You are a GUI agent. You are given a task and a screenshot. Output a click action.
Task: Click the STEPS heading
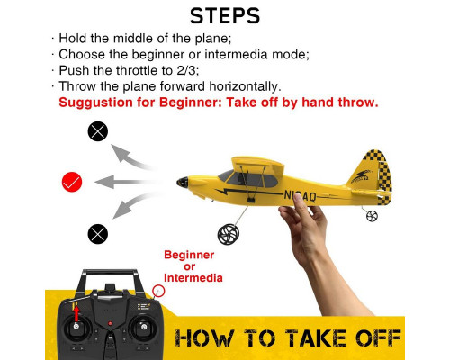[x=225, y=16]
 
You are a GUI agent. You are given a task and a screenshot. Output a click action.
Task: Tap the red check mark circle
[x=72, y=182]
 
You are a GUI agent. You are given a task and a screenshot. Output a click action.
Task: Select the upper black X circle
[x=98, y=131]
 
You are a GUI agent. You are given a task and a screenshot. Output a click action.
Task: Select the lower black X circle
[x=98, y=234]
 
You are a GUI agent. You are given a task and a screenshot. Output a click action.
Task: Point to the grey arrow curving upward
[x=129, y=157]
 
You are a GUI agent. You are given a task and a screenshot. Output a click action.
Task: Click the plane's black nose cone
[x=183, y=183]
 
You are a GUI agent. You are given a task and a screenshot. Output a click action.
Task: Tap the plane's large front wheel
[x=229, y=234]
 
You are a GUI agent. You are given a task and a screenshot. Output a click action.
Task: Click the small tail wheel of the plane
[x=372, y=216]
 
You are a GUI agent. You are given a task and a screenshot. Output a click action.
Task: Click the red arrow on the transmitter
[x=76, y=313]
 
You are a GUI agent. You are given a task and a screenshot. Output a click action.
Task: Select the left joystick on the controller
[x=76, y=327]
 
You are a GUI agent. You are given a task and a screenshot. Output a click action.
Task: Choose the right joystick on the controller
[x=144, y=327]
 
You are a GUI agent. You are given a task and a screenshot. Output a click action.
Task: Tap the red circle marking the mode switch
[x=158, y=291]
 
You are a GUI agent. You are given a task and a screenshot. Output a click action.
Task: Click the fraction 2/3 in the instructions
[x=186, y=70]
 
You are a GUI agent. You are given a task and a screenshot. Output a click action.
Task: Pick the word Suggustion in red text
[x=95, y=103]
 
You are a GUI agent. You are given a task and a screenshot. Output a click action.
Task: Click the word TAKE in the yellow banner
[x=316, y=338]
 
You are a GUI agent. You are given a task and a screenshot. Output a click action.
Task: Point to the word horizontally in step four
[x=245, y=86]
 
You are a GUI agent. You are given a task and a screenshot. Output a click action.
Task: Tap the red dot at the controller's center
[x=110, y=324]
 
